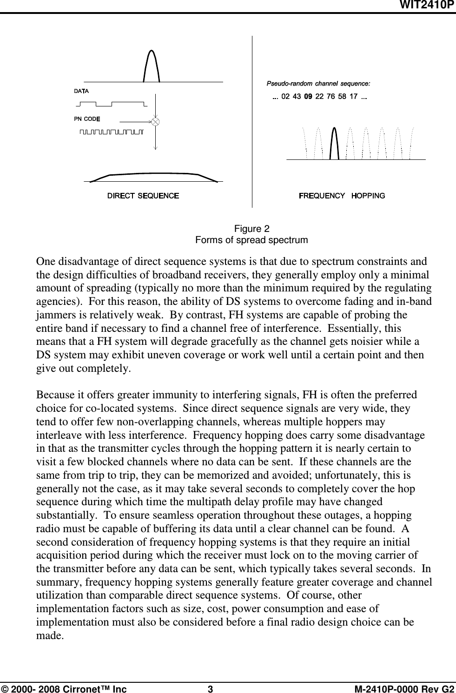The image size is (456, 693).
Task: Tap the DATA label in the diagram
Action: tap(81, 91)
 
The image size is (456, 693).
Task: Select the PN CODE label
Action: tap(87, 119)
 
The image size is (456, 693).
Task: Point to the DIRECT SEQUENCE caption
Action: tap(143, 196)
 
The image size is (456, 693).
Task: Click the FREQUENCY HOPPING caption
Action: tap(342, 196)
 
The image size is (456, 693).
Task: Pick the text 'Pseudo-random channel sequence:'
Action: tap(318, 84)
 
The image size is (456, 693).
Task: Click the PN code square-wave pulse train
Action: tap(112, 132)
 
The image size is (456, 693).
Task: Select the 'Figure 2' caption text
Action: tap(251, 229)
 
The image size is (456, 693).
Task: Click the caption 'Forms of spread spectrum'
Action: tap(251, 240)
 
